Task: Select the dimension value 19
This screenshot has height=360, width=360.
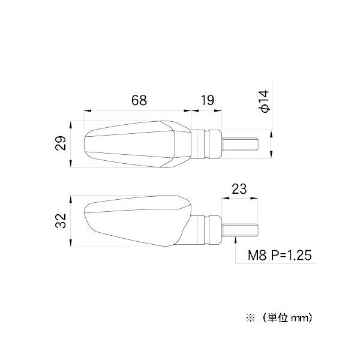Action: tap(207, 100)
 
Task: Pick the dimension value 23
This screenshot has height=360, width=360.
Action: tap(239, 188)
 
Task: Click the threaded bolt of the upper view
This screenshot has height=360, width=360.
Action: tap(241, 144)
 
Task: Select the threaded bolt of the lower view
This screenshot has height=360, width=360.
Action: tap(241, 229)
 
